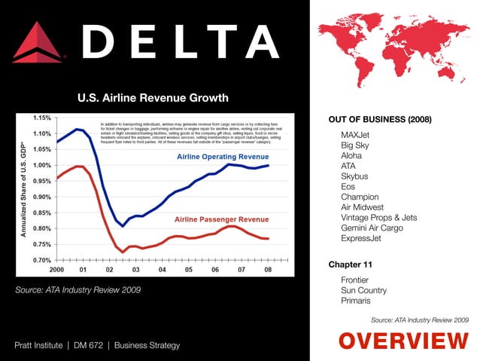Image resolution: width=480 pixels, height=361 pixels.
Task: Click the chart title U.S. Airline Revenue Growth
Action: [153, 98]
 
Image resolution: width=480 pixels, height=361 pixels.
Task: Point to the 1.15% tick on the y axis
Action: [41, 118]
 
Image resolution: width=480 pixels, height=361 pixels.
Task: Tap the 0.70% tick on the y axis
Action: [41, 260]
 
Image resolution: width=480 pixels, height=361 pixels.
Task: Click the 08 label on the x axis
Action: [268, 269]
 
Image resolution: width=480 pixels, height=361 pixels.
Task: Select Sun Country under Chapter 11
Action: [363, 290]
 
